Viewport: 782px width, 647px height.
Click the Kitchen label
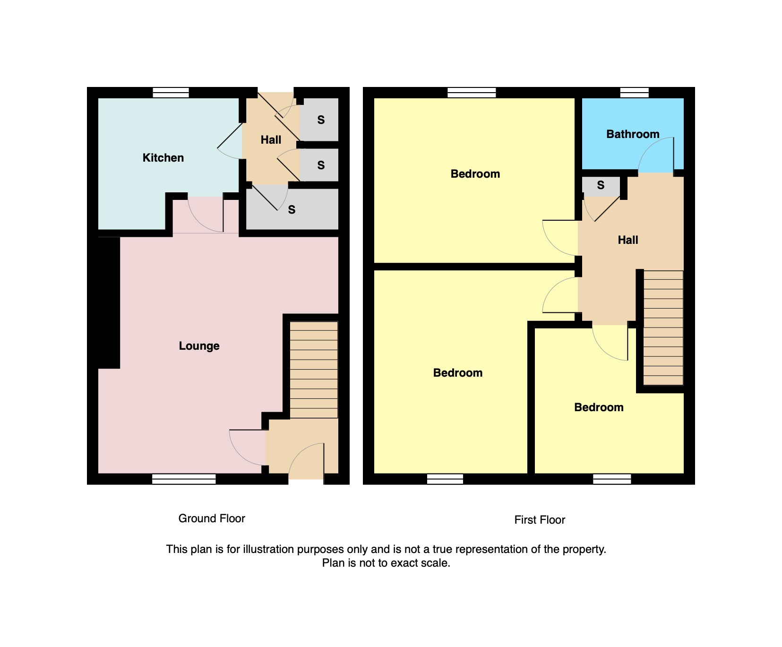(163, 158)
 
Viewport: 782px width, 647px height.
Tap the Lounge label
(199, 346)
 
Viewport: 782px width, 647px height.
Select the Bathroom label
(633, 134)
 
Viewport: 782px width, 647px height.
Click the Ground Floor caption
(212, 518)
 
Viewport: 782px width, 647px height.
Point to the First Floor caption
(540, 520)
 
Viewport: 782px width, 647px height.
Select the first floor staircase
(663, 328)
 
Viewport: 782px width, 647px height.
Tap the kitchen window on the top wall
(171, 93)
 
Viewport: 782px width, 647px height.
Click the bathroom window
(634, 93)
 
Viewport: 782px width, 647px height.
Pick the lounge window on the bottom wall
(184, 479)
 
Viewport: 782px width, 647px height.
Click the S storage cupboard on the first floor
(601, 186)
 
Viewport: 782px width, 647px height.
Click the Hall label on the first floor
(628, 240)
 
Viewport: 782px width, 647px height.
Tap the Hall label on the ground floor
(271, 140)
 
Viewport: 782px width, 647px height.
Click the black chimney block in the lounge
(108, 302)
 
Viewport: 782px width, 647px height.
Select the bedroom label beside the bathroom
(475, 174)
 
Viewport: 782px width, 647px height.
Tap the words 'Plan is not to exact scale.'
(386, 563)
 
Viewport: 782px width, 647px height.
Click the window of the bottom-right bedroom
(612, 479)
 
